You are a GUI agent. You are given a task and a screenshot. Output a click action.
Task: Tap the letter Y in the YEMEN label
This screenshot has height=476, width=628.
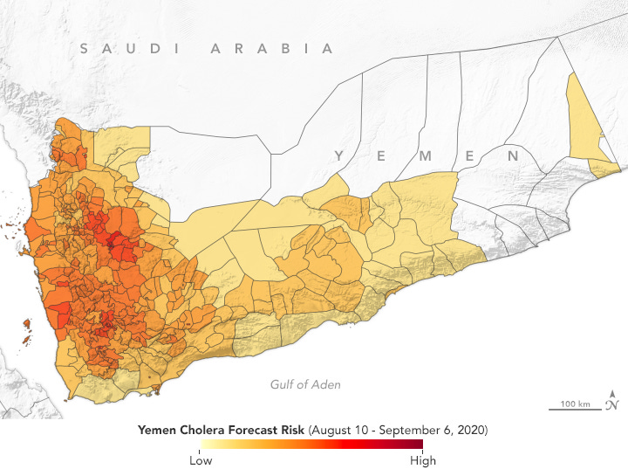[x=338, y=155]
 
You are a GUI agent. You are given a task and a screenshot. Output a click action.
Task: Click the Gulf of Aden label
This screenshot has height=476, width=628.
[x=304, y=384]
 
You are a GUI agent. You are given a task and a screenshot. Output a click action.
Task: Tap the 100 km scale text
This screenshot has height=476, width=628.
[x=576, y=404]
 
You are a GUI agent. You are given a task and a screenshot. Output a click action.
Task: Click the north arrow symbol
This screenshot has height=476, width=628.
[x=613, y=400]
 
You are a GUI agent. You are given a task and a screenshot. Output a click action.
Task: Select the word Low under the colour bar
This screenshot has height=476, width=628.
[x=200, y=460]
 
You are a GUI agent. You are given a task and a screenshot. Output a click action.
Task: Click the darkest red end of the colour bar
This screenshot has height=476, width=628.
[x=419, y=445]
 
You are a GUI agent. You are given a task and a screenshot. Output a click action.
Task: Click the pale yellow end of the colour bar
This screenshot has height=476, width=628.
[x=203, y=445]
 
